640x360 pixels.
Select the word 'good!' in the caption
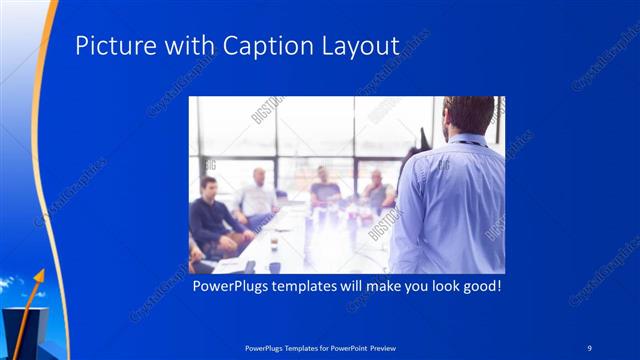[478, 286]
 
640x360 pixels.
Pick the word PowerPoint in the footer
[340, 347]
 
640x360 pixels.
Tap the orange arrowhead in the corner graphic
[41, 271]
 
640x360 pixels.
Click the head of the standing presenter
[468, 115]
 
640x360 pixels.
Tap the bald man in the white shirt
[258, 195]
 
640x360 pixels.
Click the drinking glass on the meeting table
[274, 243]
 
